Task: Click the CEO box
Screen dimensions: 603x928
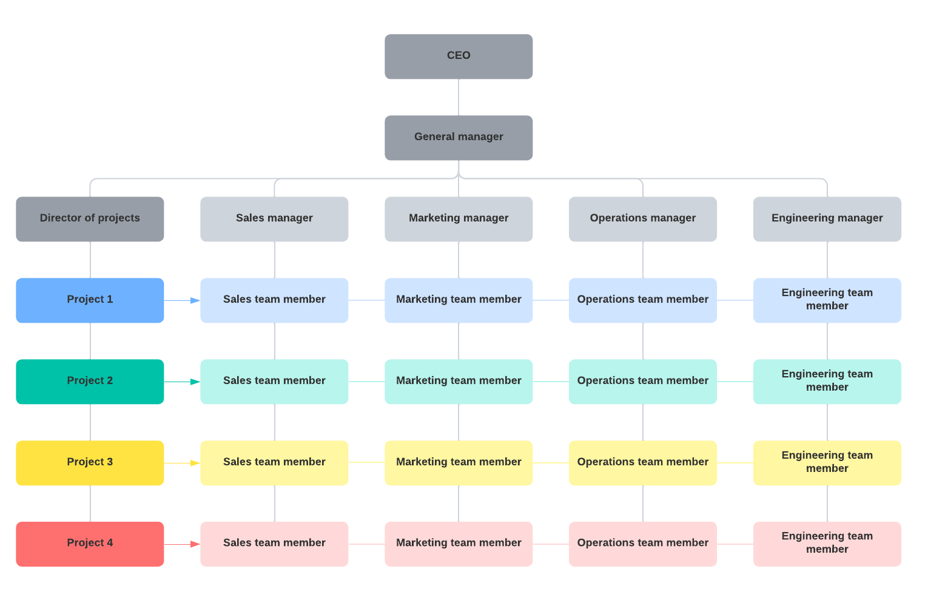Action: click(459, 56)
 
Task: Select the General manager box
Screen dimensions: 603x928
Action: click(459, 138)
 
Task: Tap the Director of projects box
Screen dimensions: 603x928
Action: click(90, 219)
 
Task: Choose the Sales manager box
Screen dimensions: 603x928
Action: click(274, 219)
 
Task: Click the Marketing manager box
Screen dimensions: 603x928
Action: click(459, 219)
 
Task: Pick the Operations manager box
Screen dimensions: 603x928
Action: click(643, 219)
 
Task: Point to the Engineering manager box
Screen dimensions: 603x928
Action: click(827, 219)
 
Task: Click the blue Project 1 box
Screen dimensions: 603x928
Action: click(90, 300)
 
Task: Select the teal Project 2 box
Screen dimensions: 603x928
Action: click(90, 382)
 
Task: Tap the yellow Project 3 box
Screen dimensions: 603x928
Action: click(90, 463)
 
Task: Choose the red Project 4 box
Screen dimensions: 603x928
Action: click(90, 544)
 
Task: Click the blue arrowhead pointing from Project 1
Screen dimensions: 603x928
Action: click(195, 300)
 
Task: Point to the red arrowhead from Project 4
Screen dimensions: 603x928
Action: click(195, 544)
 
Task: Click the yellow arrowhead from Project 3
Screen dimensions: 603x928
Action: click(195, 463)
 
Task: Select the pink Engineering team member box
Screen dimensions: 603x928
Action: click(827, 544)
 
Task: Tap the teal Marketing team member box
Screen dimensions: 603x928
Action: click(459, 382)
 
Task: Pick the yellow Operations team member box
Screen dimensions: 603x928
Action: click(643, 463)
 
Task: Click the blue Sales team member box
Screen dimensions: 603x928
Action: click(274, 300)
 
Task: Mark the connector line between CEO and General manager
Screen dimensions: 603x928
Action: click(459, 97)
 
